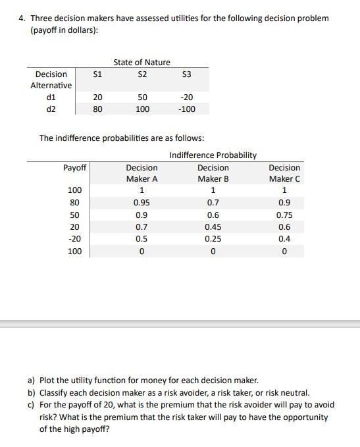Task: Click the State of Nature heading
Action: [x=141, y=62]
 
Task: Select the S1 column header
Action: [x=97, y=74]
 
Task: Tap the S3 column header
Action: [x=186, y=74]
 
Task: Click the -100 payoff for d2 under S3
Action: [x=186, y=109]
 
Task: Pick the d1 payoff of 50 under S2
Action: [x=141, y=97]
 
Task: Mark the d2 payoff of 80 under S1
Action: [x=97, y=109]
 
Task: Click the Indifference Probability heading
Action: [x=213, y=155]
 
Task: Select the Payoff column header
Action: [x=74, y=168]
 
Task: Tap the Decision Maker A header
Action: [x=141, y=173]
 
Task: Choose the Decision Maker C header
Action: [x=284, y=173]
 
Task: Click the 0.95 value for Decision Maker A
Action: [x=141, y=203]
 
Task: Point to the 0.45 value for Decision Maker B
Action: [x=213, y=227]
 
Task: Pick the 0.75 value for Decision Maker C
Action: [x=284, y=215]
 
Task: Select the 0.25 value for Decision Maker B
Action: [x=213, y=239]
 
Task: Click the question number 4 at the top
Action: [x=22, y=18]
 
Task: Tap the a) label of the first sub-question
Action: [x=31, y=381]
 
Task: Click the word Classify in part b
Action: [x=59, y=392]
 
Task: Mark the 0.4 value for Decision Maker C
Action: [x=284, y=239]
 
